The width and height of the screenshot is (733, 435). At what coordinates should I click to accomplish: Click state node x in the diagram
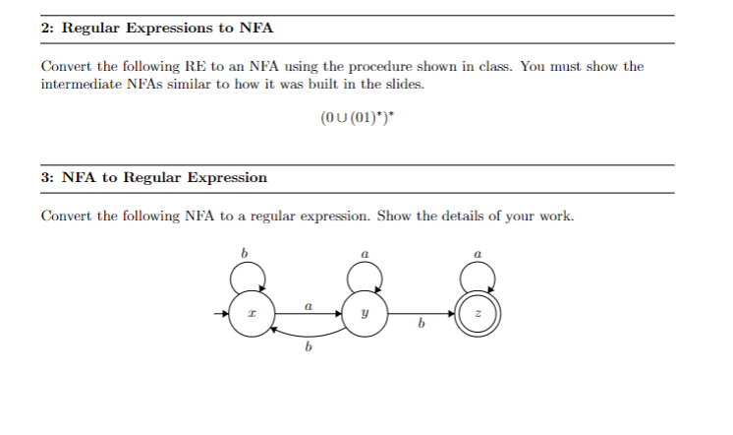point(251,316)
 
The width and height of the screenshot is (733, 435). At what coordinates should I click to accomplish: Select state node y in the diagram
point(364,316)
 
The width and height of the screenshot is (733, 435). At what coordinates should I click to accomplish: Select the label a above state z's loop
point(478,255)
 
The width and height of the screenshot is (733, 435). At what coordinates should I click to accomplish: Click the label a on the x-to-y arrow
point(308,306)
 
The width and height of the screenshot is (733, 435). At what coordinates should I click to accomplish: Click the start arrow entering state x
point(220,316)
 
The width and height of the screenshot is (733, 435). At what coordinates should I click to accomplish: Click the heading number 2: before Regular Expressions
point(48,28)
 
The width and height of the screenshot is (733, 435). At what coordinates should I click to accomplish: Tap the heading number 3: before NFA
point(48,177)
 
